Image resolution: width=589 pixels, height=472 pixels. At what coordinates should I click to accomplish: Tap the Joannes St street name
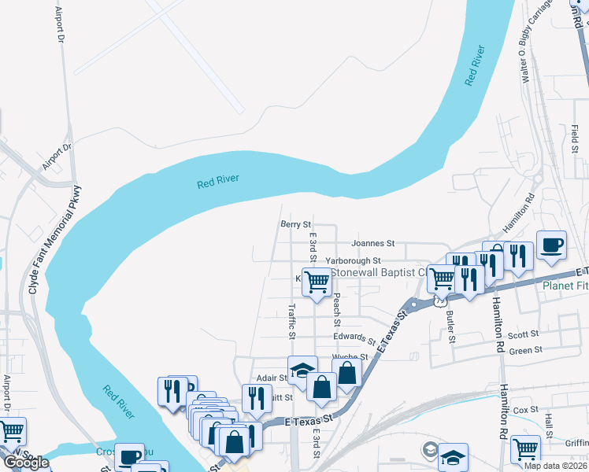point(372,245)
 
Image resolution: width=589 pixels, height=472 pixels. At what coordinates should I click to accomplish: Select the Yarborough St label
point(353,260)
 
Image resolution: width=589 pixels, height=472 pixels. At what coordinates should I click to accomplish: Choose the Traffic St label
point(292,323)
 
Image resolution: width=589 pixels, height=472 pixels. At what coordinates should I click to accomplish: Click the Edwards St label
point(354,338)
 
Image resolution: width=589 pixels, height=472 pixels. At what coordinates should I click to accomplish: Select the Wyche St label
point(346,357)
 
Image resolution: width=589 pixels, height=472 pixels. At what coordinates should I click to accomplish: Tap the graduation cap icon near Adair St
point(300,370)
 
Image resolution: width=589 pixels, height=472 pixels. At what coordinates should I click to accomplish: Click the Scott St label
point(523,334)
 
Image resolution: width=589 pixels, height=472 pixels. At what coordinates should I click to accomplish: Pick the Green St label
point(525,351)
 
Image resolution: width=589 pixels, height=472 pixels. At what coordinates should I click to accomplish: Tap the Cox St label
point(525,410)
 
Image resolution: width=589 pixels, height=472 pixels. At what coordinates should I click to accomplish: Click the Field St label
point(576,139)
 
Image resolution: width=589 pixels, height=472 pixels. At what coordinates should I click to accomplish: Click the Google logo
point(26,463)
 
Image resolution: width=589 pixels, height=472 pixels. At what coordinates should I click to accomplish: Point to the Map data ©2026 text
point(556,466)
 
